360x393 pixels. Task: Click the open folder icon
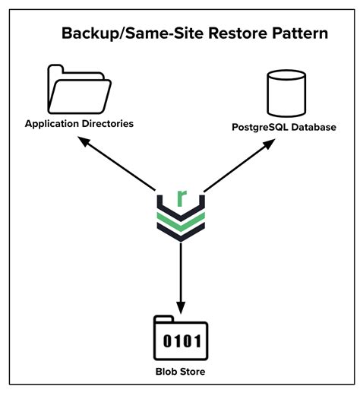pyautogui.click(x=79, y=89)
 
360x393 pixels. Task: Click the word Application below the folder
pyautogui.click(x=55, y=123)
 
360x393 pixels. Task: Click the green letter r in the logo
pyautogui.click(x=181, y=198)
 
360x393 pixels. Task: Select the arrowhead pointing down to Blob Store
pyautogui.click(x=180, y=304)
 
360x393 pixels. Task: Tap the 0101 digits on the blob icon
pyautogui.click(x=181, y=342)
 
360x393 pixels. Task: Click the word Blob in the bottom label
pyautogui.click(x=166, y=372)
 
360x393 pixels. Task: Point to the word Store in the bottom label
pyautogui.click(x=193, y=372)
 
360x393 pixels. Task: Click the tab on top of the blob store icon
pyautogui.click(x=163, y=319)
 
